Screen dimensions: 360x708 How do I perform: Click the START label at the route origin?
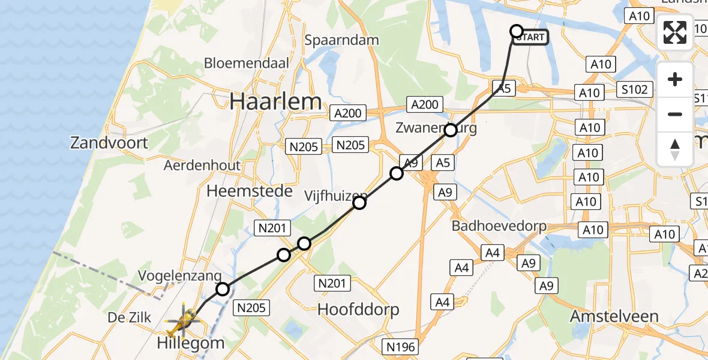tap(530, 38)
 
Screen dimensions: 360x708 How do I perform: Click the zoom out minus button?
tap(675, 115)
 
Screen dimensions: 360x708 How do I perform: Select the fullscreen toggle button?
tap(675, 32)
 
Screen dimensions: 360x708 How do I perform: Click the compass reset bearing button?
tap(675, 149)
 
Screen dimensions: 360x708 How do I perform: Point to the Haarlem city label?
tap(275, 101)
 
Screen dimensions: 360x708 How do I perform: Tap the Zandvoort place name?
tap(109, 143)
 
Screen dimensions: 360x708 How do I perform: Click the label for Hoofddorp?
tap(358, 310)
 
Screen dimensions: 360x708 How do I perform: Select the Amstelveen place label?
tap(614, 316)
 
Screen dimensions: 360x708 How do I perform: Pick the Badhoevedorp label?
tap(499, 227)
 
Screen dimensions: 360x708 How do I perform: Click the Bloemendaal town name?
tap(247, 63)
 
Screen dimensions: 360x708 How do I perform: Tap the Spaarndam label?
tap(341, 41)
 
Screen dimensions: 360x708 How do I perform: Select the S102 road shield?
tap(635, 90)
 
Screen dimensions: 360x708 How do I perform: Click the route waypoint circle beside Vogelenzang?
tap(223, 289)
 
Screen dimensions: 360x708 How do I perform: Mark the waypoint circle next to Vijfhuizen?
tap(359, 203)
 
